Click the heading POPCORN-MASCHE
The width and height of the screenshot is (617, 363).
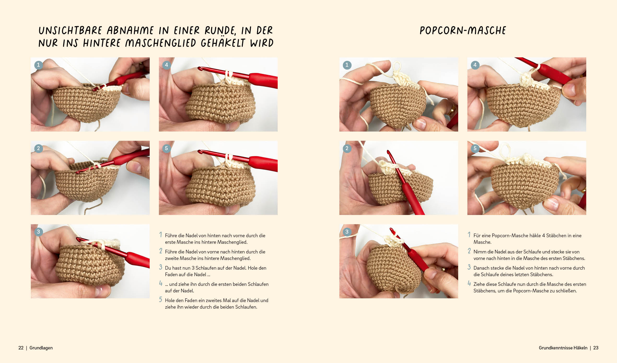(x=463, y=30)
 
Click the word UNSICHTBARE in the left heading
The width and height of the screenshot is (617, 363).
(x=70, y=30)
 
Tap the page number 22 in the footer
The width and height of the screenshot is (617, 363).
(x=21, y=348)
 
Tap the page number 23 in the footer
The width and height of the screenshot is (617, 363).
(x=596, y=348)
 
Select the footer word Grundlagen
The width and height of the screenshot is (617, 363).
(x=41, y=348)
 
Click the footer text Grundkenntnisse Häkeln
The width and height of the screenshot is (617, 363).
(x=563, y=348)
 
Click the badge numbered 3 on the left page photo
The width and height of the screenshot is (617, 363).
(x=38, y=232)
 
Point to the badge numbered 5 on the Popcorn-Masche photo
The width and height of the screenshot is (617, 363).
(x=475, y=148)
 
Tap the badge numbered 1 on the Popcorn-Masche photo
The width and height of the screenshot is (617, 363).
(x=347, y=65)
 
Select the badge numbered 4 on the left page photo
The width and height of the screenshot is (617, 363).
(x=166, y=65)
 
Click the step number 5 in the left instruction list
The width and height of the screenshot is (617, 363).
(x=161, y=300)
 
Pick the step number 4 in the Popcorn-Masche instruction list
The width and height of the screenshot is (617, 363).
(x=469, y=283)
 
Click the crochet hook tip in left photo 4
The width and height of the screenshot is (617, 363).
(x=200, y=69)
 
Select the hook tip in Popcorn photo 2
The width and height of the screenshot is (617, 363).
(x=388, y=152)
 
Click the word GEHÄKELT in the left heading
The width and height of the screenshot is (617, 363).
(x=223, y=43)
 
